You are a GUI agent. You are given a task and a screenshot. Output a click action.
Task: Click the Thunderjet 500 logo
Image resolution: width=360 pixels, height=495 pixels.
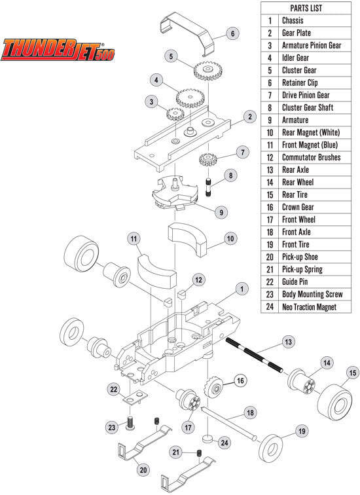(x=57, y=50)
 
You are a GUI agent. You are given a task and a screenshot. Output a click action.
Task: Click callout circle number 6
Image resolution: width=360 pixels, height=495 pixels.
(x=232, y=33)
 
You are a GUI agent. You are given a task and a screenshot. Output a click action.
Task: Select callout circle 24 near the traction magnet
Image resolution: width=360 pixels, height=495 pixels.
(x=225, y=443)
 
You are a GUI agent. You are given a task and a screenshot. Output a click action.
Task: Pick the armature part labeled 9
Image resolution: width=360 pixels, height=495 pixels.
(x=173, y=193)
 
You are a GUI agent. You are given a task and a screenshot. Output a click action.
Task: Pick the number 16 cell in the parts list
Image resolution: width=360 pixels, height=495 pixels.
(x=270, y=207)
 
